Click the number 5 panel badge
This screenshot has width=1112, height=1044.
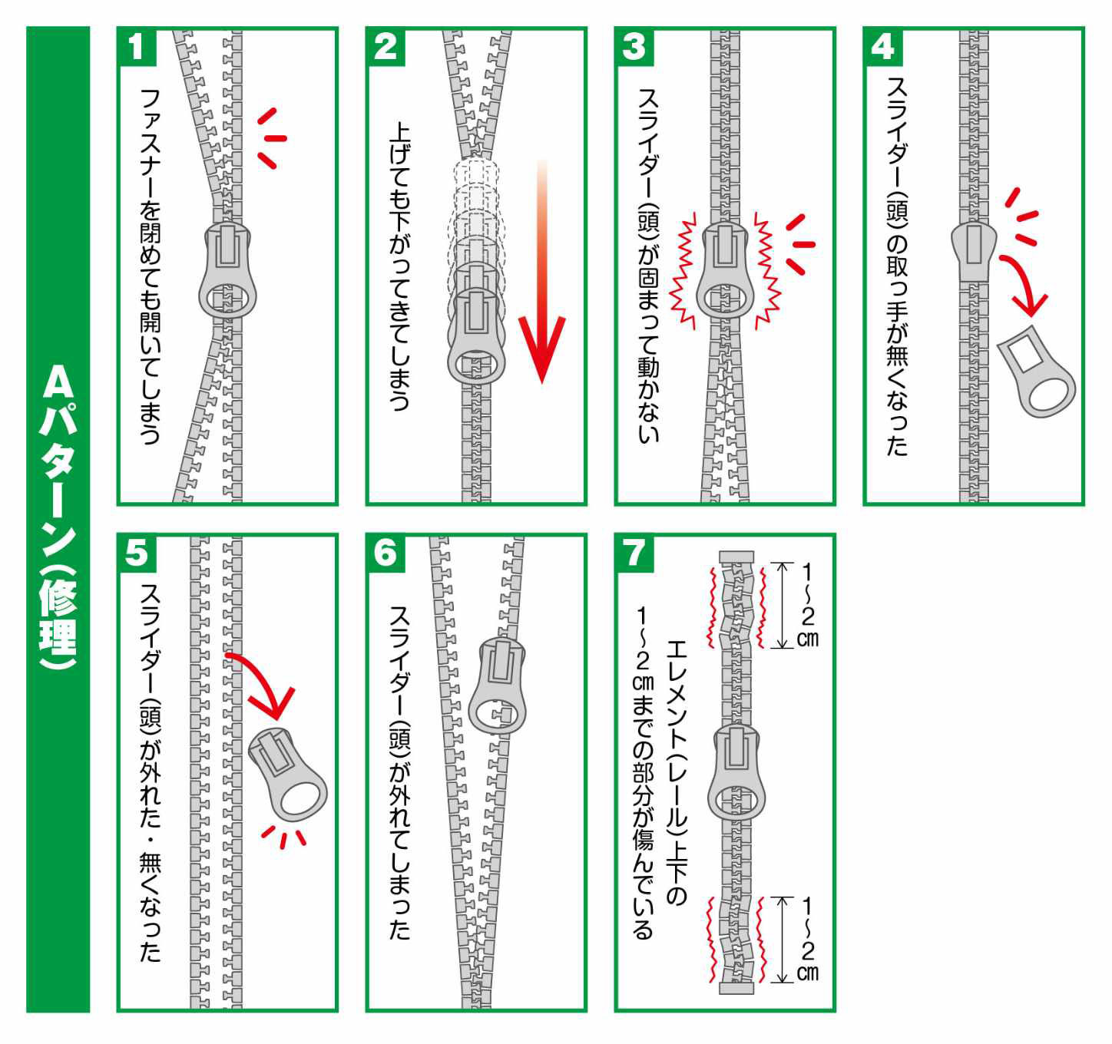coord(137,553)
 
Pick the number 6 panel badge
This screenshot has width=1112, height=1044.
coord(386,553)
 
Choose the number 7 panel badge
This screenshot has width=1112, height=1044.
coord(634,553)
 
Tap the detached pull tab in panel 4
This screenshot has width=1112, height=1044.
coord(1037,372)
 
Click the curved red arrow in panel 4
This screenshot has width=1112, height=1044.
coord(1025,284)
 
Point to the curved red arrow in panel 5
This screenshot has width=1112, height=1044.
coord(265,683)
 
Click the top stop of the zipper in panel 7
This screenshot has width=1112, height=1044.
coord(736,557)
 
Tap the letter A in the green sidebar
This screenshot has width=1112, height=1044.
coord(58,382)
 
